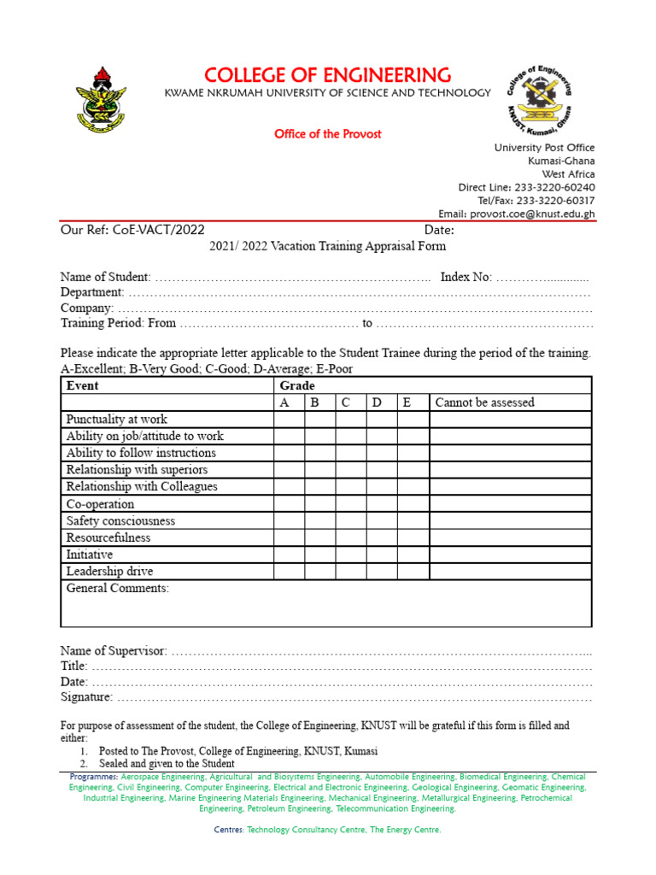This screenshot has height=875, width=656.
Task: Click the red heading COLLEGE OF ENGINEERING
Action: (327, 74)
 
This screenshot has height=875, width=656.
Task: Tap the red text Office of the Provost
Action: (327, 134)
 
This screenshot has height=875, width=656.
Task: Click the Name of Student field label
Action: (106, 277)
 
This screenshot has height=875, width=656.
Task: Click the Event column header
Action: (83, 385)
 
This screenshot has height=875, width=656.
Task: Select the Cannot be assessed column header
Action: (484, 402)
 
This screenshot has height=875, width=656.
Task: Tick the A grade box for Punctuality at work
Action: (290, 420)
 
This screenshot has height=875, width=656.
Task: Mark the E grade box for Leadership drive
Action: (413, 572)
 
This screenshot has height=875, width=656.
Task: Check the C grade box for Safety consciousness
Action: (351, 520)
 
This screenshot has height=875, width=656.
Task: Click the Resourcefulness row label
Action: (108, 537)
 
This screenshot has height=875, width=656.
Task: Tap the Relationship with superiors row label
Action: (137, 470)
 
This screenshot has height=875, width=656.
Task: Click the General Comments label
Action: (118, 588)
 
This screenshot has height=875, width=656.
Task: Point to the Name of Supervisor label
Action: (114, 651)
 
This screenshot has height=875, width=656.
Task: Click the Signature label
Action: (86, 697)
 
